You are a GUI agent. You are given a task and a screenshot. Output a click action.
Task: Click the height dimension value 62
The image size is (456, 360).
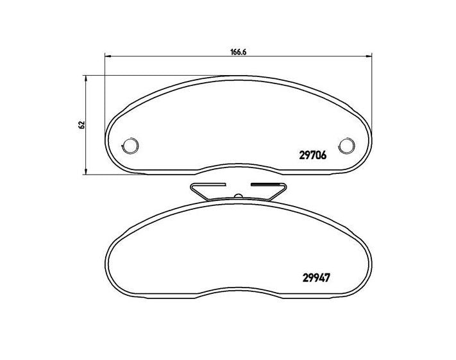(x=81, y=124)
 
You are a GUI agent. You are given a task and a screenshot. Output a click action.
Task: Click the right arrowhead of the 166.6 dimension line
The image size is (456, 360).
(x=368, y=57)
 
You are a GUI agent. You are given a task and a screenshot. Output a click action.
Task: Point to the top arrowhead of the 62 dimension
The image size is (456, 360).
(x=86, y=78)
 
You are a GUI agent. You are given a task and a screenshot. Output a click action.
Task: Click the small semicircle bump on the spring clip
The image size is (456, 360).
(x=238, y=196)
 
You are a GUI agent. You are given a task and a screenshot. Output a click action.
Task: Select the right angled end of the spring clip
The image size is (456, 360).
(x=280, y=190)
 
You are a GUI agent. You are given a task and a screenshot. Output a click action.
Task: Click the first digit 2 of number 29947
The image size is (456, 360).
(x=304, y=279)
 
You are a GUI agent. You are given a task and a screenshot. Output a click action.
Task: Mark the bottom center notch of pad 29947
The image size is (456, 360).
(x=239, y=295)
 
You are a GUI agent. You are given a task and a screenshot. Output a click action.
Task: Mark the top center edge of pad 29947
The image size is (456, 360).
(x=239, y=203)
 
